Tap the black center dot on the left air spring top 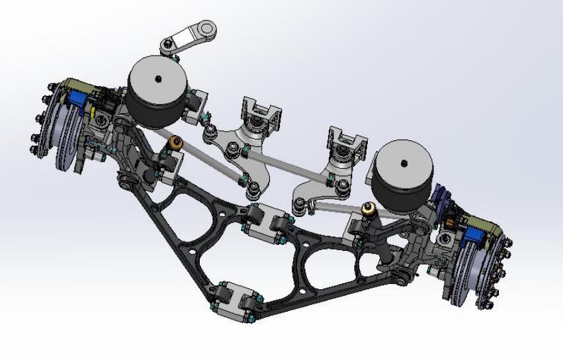pos(158,78)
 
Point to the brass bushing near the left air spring pos(177,142)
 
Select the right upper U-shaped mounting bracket pos(346,143)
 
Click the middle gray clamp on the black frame pos(267,223)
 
